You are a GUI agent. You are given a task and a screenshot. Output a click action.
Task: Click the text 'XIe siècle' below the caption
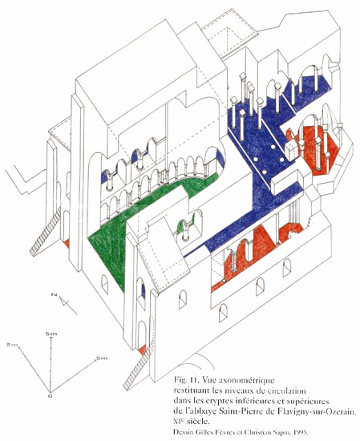coord(192,422)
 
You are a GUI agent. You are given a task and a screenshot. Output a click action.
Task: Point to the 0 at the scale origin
coord(51,396)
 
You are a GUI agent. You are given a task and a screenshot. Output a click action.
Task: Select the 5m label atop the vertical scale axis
coord(51,334)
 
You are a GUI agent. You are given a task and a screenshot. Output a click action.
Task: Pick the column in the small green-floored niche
coord(185,231)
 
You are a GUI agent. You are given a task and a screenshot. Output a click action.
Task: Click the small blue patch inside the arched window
coord(144,291)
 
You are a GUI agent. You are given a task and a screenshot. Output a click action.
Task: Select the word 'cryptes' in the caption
coord(216,402)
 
